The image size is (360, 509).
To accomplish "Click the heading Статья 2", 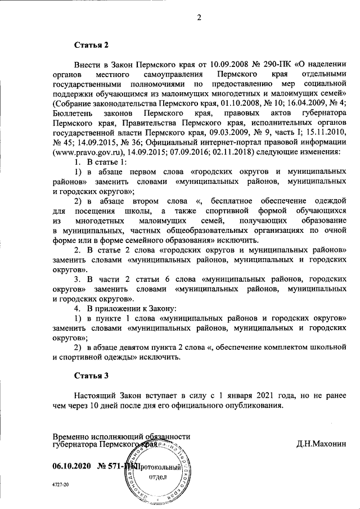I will click(x=91, y=44).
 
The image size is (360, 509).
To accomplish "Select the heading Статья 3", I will click(x=91, y=375).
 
